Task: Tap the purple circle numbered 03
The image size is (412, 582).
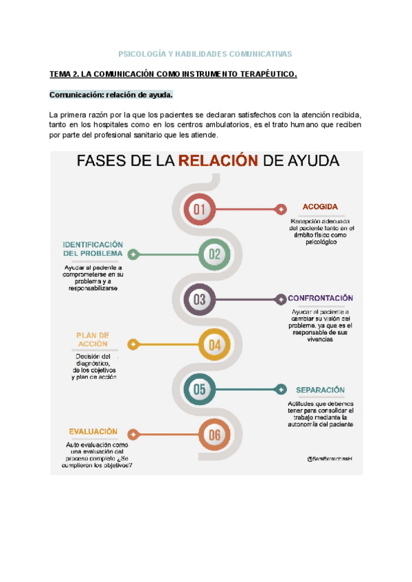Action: pos(200,299)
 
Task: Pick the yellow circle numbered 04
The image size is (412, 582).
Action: pos(215,345)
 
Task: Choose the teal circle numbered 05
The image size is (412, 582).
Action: pos(200,390)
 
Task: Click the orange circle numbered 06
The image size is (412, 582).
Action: pos(215,434)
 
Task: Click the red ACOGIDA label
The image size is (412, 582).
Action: pos(320,207)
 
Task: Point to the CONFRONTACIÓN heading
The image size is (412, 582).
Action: pos(320,298)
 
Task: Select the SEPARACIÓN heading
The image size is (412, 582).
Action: pos(320,389)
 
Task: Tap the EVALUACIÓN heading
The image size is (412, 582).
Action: pos(93,432)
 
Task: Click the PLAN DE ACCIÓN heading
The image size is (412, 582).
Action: pos(93,340)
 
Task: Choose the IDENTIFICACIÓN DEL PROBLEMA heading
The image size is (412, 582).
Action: pos(93,248)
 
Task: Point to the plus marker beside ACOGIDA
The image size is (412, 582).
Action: pos(280,209)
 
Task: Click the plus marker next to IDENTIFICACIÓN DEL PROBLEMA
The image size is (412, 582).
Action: pos(133,255)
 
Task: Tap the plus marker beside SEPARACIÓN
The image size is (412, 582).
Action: pos(280,390)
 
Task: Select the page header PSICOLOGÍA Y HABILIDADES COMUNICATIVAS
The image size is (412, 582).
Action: pos(205,54)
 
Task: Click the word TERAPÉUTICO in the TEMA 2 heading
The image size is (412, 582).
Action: pos(262,74)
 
